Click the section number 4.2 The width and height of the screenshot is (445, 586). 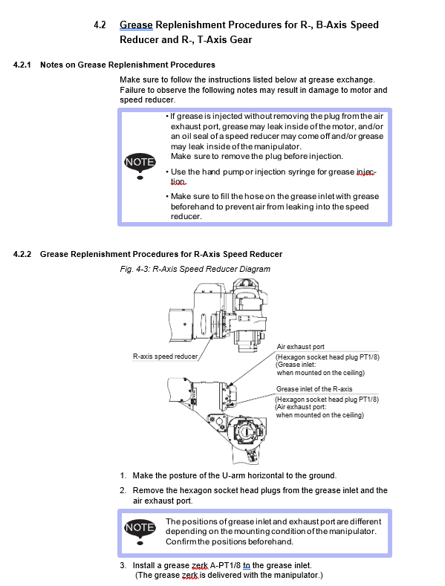tap(100, 25)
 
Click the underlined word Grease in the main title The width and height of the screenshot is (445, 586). tap(136, 25)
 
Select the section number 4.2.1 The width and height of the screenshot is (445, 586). tap(22, 65)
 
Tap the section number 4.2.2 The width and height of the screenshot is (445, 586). tap(22, 254)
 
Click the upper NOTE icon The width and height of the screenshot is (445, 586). tap(140, 166)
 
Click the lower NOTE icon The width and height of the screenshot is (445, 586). tap(140, 531)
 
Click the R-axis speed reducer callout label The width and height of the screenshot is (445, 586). tap(165, 357)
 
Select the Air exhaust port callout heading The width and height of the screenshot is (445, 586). tap(301, 347)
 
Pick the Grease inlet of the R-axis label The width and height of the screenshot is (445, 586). tap(314, 389)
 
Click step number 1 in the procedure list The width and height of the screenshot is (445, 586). tap(123, 476)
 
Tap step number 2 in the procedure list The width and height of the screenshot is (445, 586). tap(123, 490)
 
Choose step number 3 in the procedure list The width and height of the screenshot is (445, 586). tap(123, 565)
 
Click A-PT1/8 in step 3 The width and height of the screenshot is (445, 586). tap(226, 565)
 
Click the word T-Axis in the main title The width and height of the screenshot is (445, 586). tap(212, 39)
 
